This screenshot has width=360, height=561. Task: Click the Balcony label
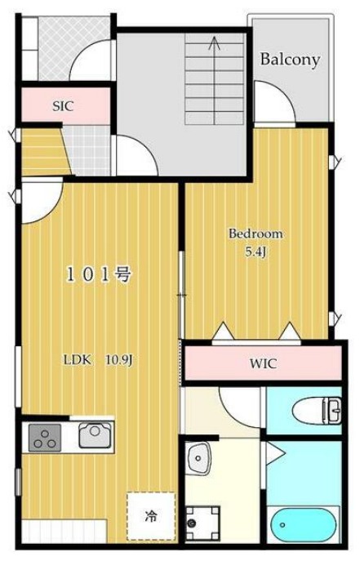(290, 60)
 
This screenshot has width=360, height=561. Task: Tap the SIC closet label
(63, 106)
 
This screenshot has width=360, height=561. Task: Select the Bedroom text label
(256, 234)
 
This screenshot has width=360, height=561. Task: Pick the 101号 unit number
(99, 275)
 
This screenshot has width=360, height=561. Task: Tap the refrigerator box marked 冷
(150, 515)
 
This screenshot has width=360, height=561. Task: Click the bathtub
(303, 523)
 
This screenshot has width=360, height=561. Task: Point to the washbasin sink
(198, 459)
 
